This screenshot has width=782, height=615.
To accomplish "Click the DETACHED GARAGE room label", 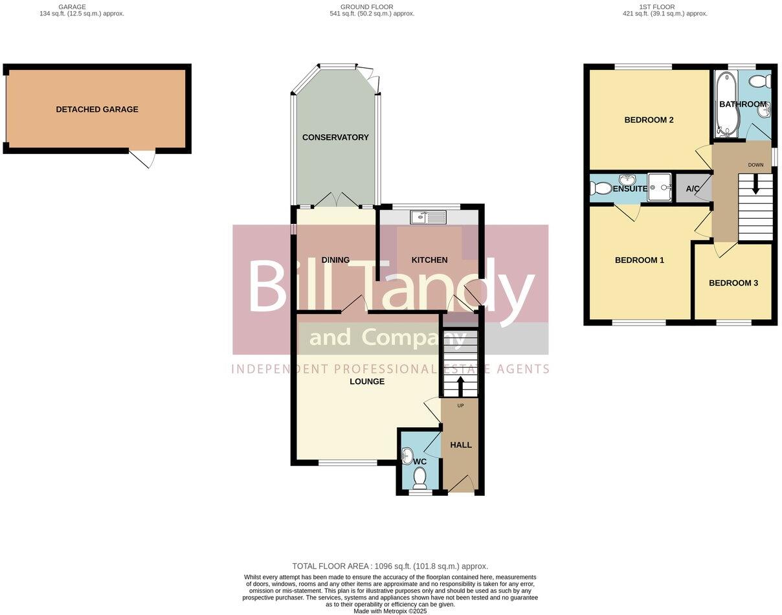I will coord(97,109).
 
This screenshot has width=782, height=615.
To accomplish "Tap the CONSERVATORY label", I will coord(335,137).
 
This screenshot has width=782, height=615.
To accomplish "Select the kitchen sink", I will coord(428,218).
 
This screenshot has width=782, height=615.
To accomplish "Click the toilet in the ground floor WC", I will coord(419,478).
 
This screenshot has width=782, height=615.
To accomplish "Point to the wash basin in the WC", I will coord(407,456).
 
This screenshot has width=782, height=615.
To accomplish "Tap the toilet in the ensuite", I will coord(601,188).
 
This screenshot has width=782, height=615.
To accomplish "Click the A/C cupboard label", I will coord(693,189).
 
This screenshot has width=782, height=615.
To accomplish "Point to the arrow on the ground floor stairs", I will coord(460,386).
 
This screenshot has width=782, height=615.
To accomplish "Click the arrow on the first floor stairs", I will coord(755,184).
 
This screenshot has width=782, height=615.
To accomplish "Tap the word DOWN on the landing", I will coord(755,165).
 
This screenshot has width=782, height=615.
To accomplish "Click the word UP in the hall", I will coord(461,406).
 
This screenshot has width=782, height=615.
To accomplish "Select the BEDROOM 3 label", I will coord(733,283).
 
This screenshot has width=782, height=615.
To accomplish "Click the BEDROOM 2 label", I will coord(649,120).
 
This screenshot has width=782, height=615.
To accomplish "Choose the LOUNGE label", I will coord(367,381).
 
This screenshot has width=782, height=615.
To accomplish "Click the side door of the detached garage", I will coord(143,158).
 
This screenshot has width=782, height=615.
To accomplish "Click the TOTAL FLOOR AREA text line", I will coord(390,566).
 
